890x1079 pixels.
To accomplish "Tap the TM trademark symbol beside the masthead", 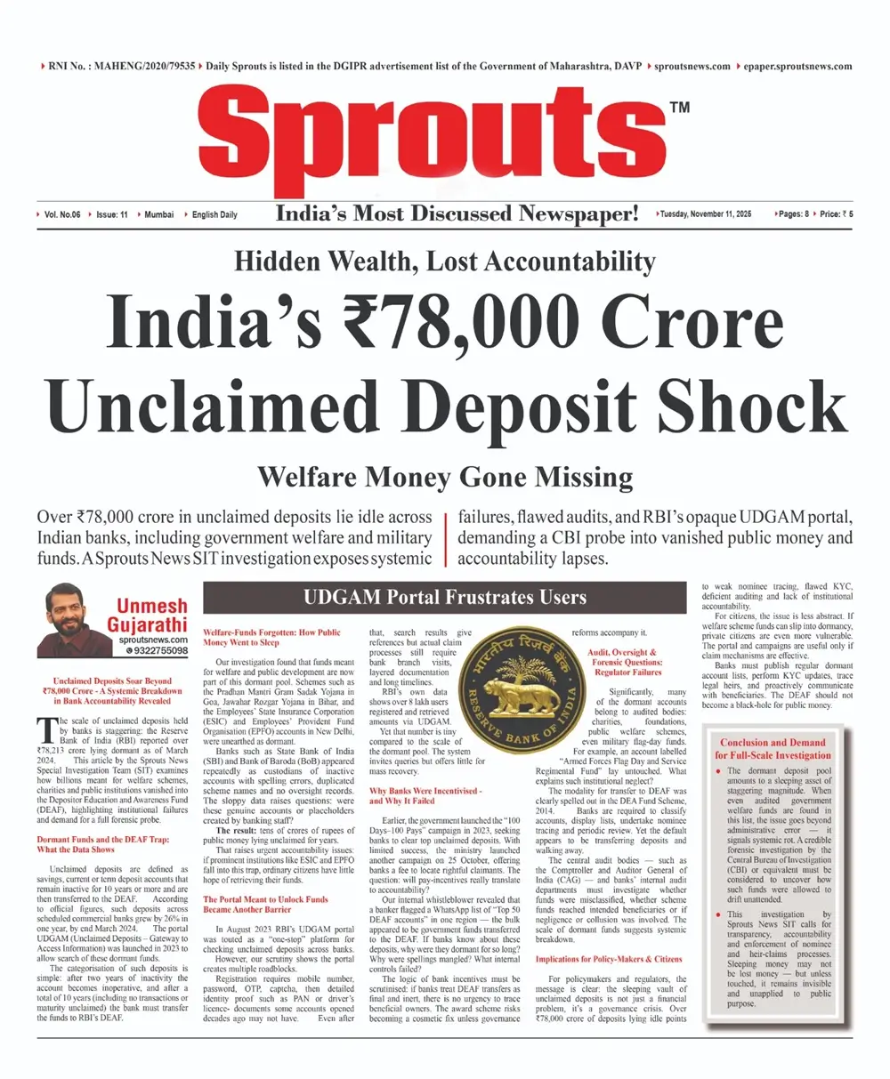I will [678, 109].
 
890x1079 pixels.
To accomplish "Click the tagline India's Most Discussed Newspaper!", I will [457, 213].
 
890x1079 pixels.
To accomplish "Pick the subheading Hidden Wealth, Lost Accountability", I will [444, 262].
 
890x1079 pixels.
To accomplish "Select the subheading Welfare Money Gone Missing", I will [444, 478].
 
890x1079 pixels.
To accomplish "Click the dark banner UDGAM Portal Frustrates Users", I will [445, 598].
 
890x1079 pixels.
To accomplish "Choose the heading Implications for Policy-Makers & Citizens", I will [609, 958].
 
